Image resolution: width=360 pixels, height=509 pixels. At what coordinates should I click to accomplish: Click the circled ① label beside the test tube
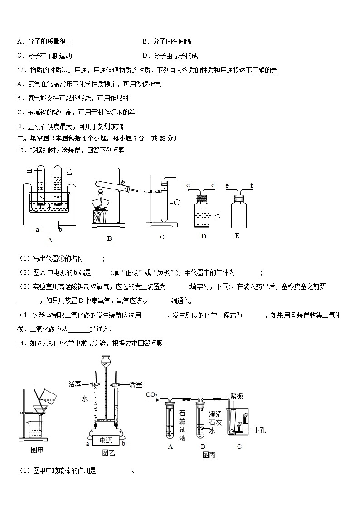[x=176, y=203]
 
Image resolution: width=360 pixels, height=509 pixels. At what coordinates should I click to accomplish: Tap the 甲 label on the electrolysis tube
[x=29, y=171]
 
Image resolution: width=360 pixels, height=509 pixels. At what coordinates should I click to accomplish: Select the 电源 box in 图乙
[x=105, y=440]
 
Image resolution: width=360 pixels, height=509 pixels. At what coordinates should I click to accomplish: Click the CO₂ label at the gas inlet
[x=151, y=395]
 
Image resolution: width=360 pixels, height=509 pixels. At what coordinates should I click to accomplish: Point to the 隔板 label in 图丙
[x=237, y=396]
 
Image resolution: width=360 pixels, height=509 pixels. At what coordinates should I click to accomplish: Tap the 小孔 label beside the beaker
[x=259, y=430]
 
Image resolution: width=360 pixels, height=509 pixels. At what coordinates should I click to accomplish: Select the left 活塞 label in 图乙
[x=75, y=384]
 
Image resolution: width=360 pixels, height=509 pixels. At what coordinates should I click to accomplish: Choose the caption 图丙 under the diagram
[x=209, y=455]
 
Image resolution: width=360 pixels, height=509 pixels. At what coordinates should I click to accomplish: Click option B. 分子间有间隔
[x=166, y=41]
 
